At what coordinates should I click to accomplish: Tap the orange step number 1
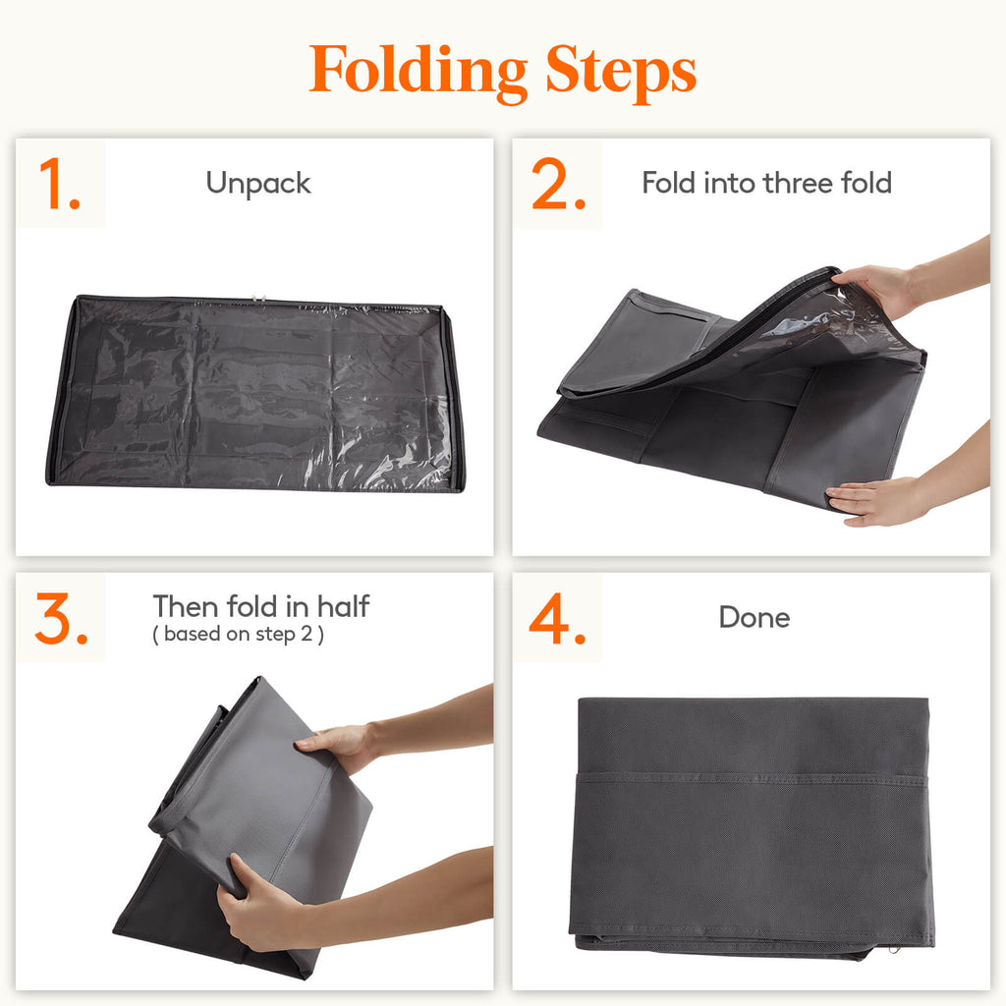[59, 185]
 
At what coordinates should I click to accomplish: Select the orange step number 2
[559, 185]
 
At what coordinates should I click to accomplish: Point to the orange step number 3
[62, 619]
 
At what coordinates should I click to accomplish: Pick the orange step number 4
[558, 619]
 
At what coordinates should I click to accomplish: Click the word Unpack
[258, 184]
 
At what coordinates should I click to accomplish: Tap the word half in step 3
[343, 606]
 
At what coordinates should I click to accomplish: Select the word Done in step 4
[754, 618]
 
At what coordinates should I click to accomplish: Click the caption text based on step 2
[238, 635]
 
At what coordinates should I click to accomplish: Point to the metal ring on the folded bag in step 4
[892, 951]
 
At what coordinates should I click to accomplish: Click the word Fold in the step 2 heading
[668, 183]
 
